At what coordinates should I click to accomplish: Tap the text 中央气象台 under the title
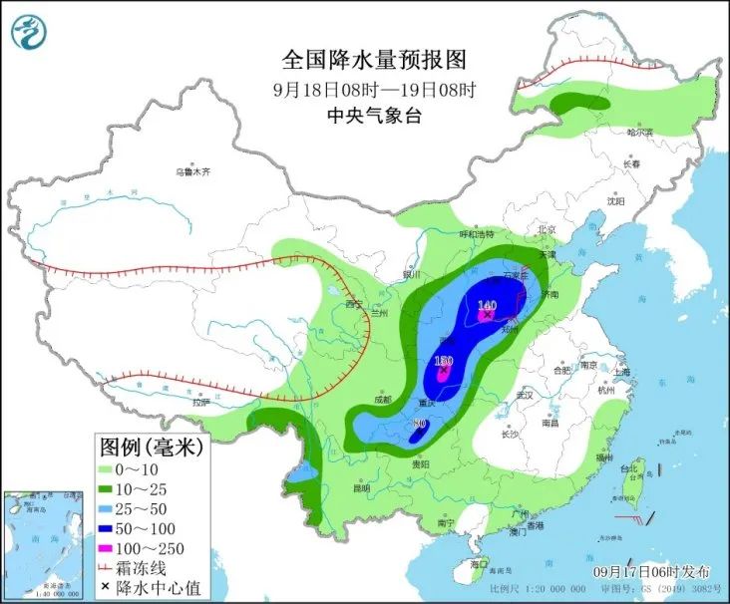375,115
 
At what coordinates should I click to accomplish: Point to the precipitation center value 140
488,305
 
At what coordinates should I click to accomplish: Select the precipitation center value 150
444,360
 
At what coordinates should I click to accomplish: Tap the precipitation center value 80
420,423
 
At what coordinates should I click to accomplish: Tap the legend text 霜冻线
154,569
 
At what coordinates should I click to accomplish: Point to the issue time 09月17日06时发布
651,571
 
